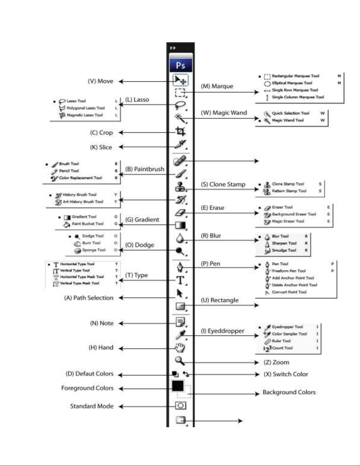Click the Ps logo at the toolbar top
point(180,65)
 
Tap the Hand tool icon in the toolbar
point(180,348)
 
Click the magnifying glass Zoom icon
point(180,361)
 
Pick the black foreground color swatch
point(178,386)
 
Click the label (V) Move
point(101,81)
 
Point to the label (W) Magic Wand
point(224,113)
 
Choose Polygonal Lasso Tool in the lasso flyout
point(86,108)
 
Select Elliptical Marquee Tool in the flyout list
point(292,83)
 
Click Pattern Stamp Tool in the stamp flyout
point(289,191)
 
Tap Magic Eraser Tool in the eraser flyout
point(288,221)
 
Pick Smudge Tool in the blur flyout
point(284,250)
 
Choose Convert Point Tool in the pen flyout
point(289,292)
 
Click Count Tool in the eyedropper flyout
point(282,348)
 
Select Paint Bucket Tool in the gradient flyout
point(88,224)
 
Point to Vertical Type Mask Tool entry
point(79,283)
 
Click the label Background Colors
point(289,392)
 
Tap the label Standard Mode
point(92,406)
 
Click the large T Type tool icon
point(180,280)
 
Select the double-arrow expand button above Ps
point(173,48)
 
